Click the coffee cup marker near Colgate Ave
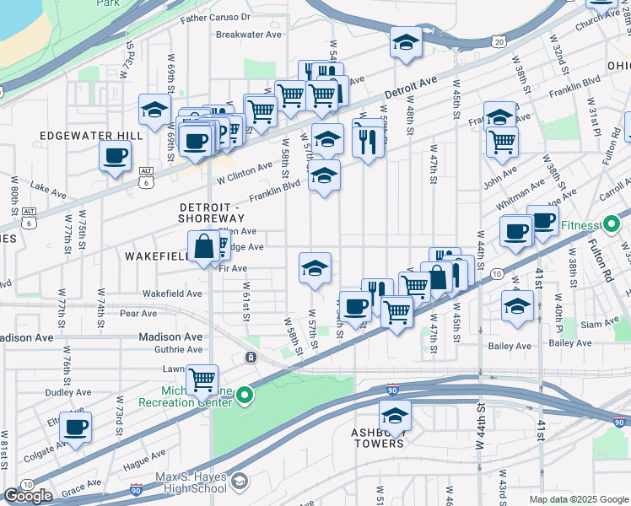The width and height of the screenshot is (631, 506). [76, 428]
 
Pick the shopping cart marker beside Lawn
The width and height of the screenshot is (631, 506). [202, 380]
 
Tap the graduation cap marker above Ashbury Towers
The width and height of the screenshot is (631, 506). [394, 417]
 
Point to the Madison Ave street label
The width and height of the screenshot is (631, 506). [172, 336]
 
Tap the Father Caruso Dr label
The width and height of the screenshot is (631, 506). [215, 16]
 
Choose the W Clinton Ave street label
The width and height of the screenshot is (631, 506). [245, 174]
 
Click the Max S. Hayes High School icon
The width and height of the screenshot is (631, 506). [240, 482]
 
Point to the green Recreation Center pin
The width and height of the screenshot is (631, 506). [245, 394]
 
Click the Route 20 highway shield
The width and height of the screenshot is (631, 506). [500, 40]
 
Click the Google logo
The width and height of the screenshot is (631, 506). [28, 496]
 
